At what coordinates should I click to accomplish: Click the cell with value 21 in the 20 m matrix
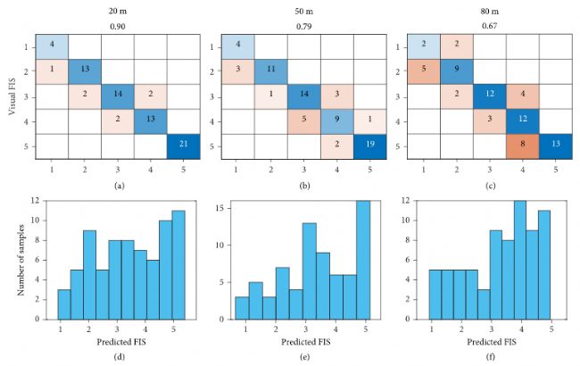183,146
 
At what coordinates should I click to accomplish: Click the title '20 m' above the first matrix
117,12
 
